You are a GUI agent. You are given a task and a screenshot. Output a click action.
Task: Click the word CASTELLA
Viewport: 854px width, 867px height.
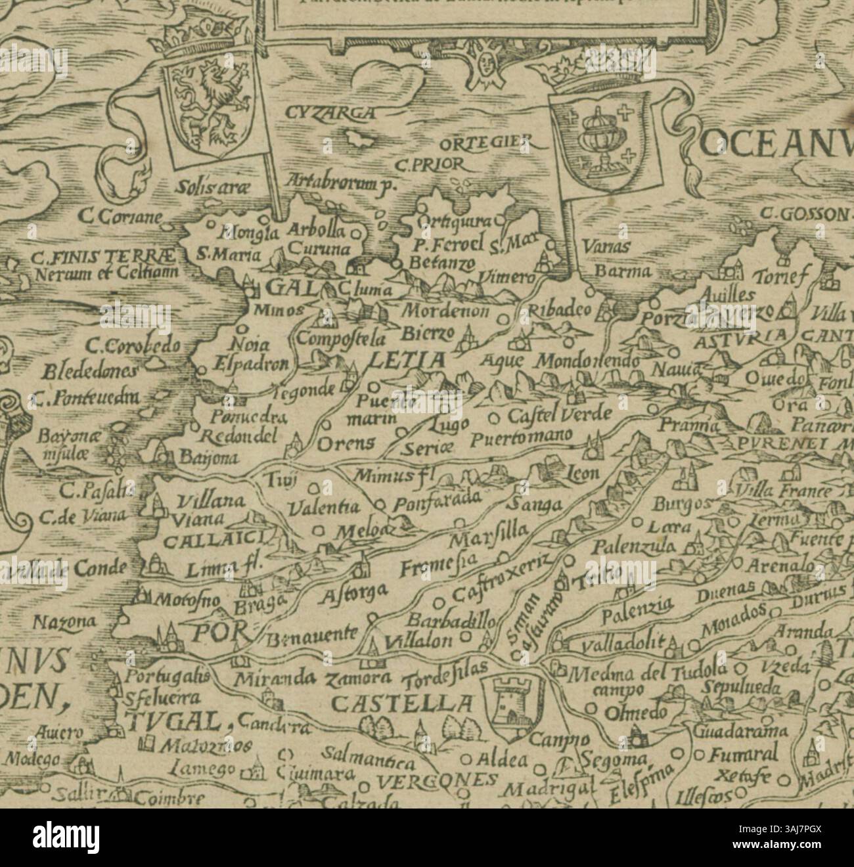coord(401,704)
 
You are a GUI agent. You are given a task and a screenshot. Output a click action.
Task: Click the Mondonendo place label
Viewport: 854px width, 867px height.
coord(587,362)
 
